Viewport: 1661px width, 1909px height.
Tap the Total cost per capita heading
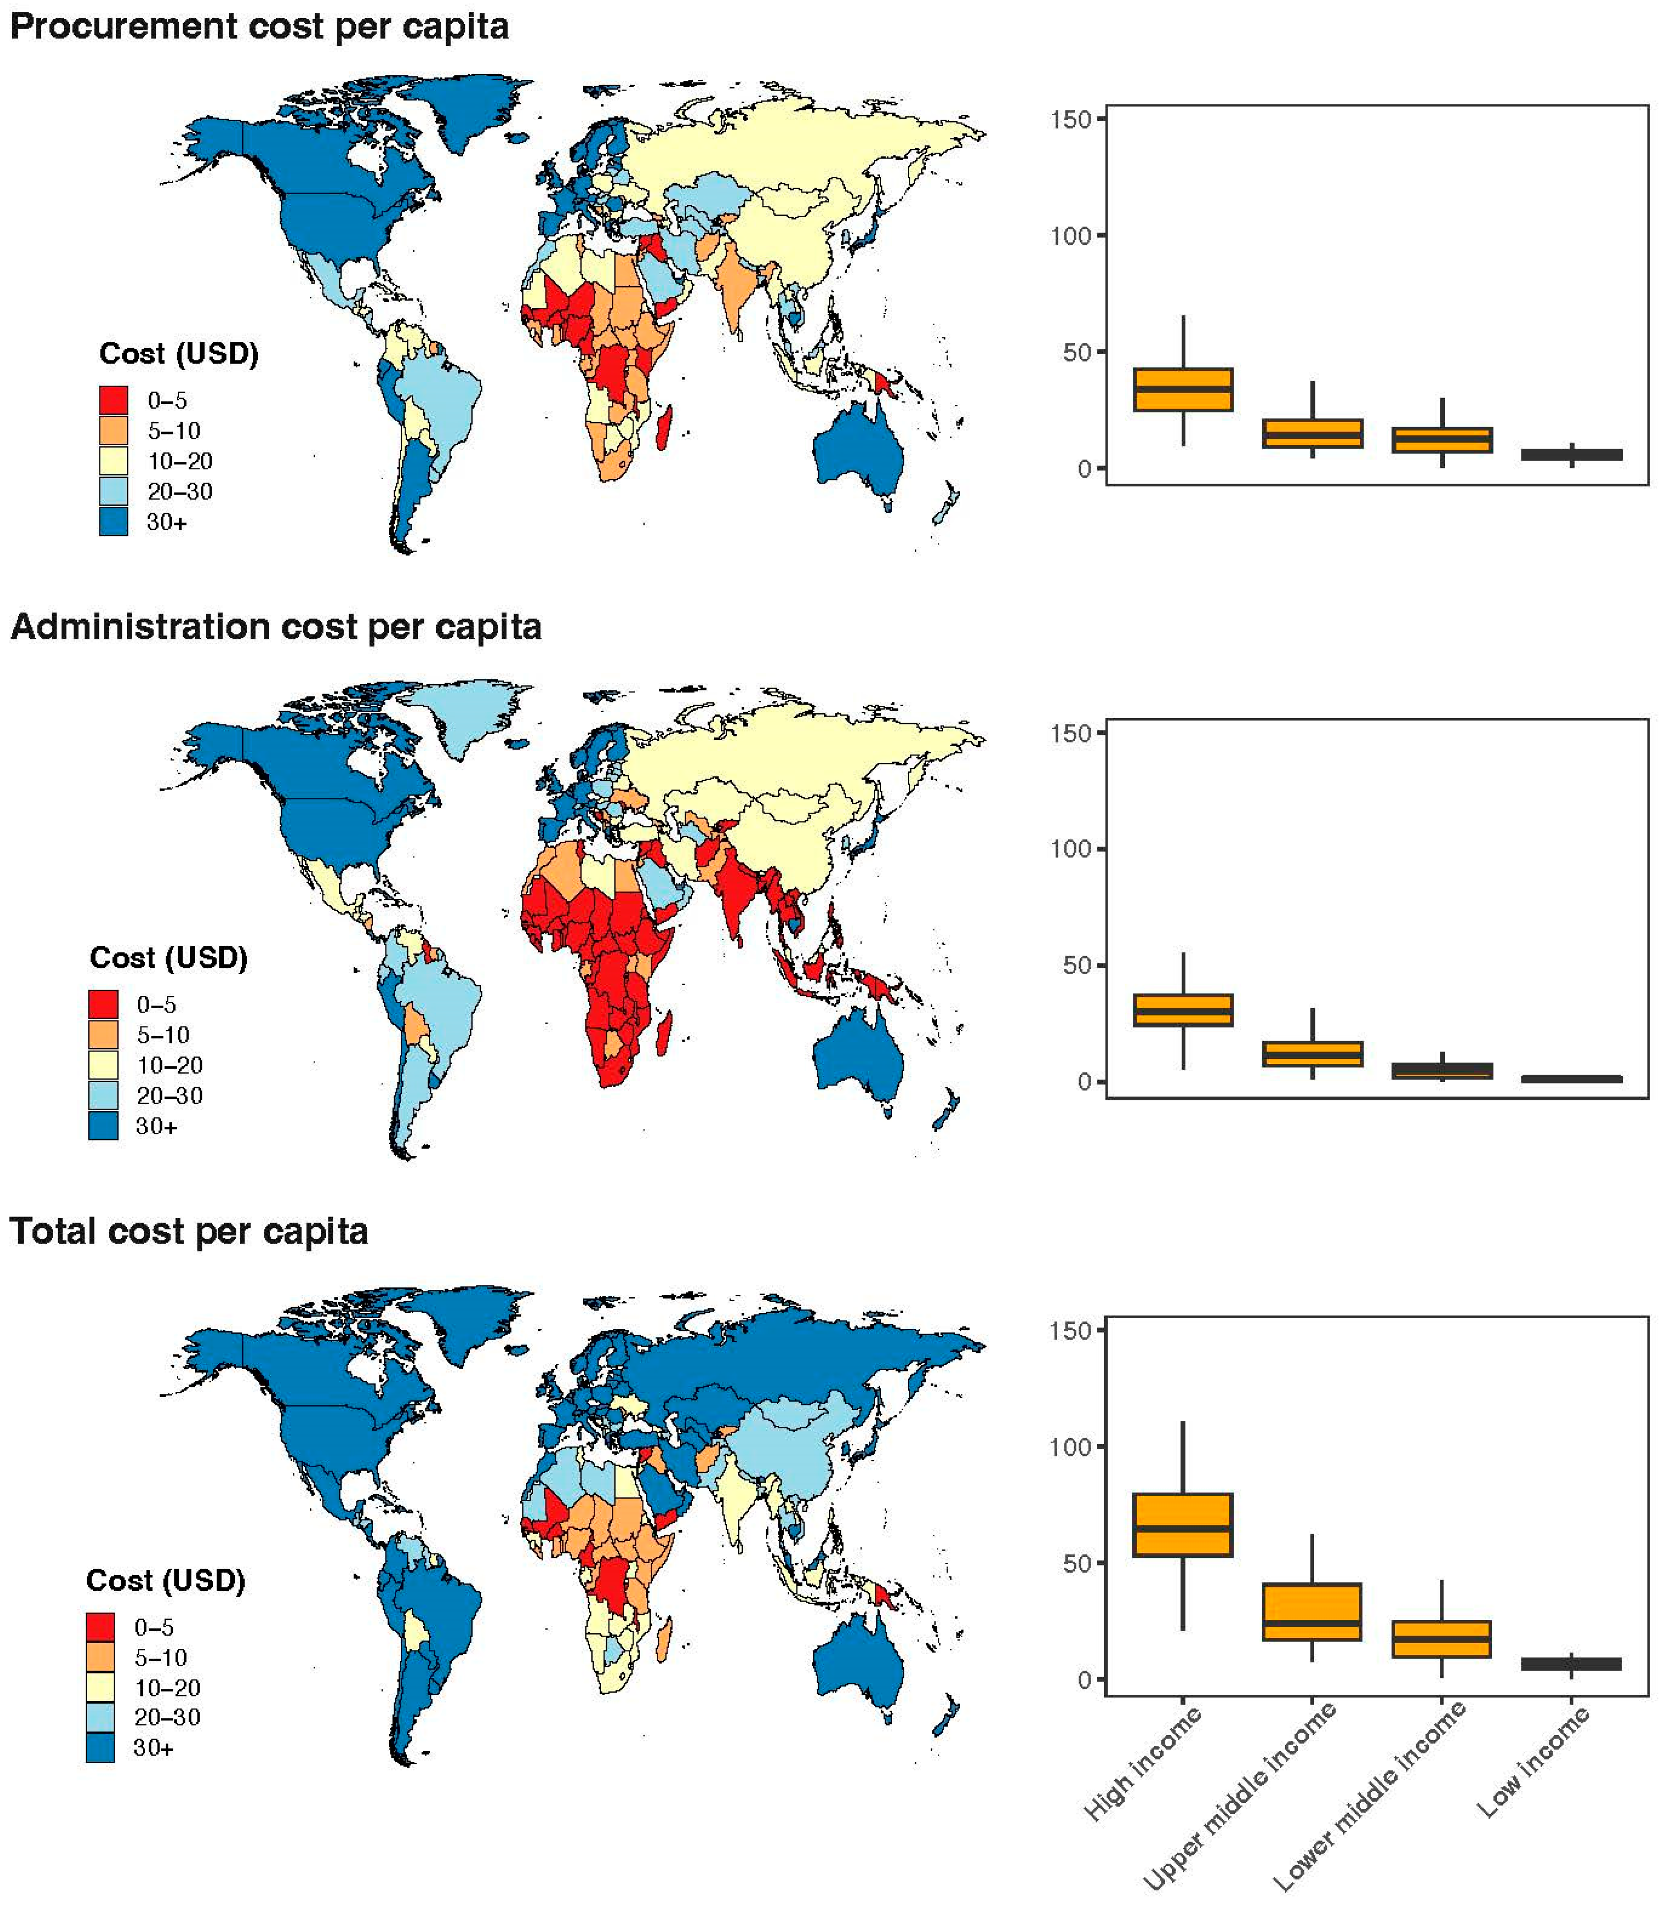coord(189,1231)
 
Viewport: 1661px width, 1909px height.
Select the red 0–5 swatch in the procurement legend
coord(113,399)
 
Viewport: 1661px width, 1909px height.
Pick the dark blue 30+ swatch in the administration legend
coord(103,1125)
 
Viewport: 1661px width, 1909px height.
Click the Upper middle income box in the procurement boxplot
coord(1311,433)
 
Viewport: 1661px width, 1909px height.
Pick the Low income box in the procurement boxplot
coord(1571,454)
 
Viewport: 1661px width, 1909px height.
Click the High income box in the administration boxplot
coord(1182,1010)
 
